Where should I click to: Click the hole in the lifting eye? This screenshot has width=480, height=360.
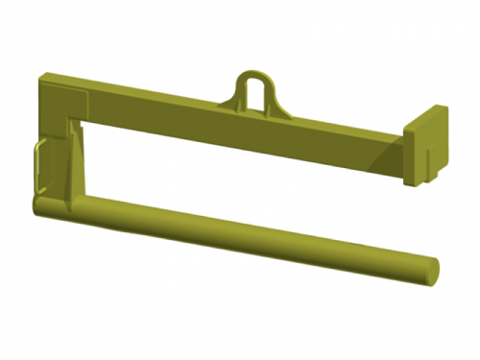click(x=255, y=88)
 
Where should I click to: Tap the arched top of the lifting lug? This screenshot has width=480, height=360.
click(x=255, y=70)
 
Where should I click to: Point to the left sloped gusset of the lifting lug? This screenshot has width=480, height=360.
click(x=235, y=96)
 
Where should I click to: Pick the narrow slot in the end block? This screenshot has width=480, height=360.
click(x=426, y=154)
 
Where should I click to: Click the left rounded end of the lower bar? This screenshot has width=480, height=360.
click(x=36, y=205)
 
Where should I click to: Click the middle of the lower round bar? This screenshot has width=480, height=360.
click(x=230, y=235)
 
